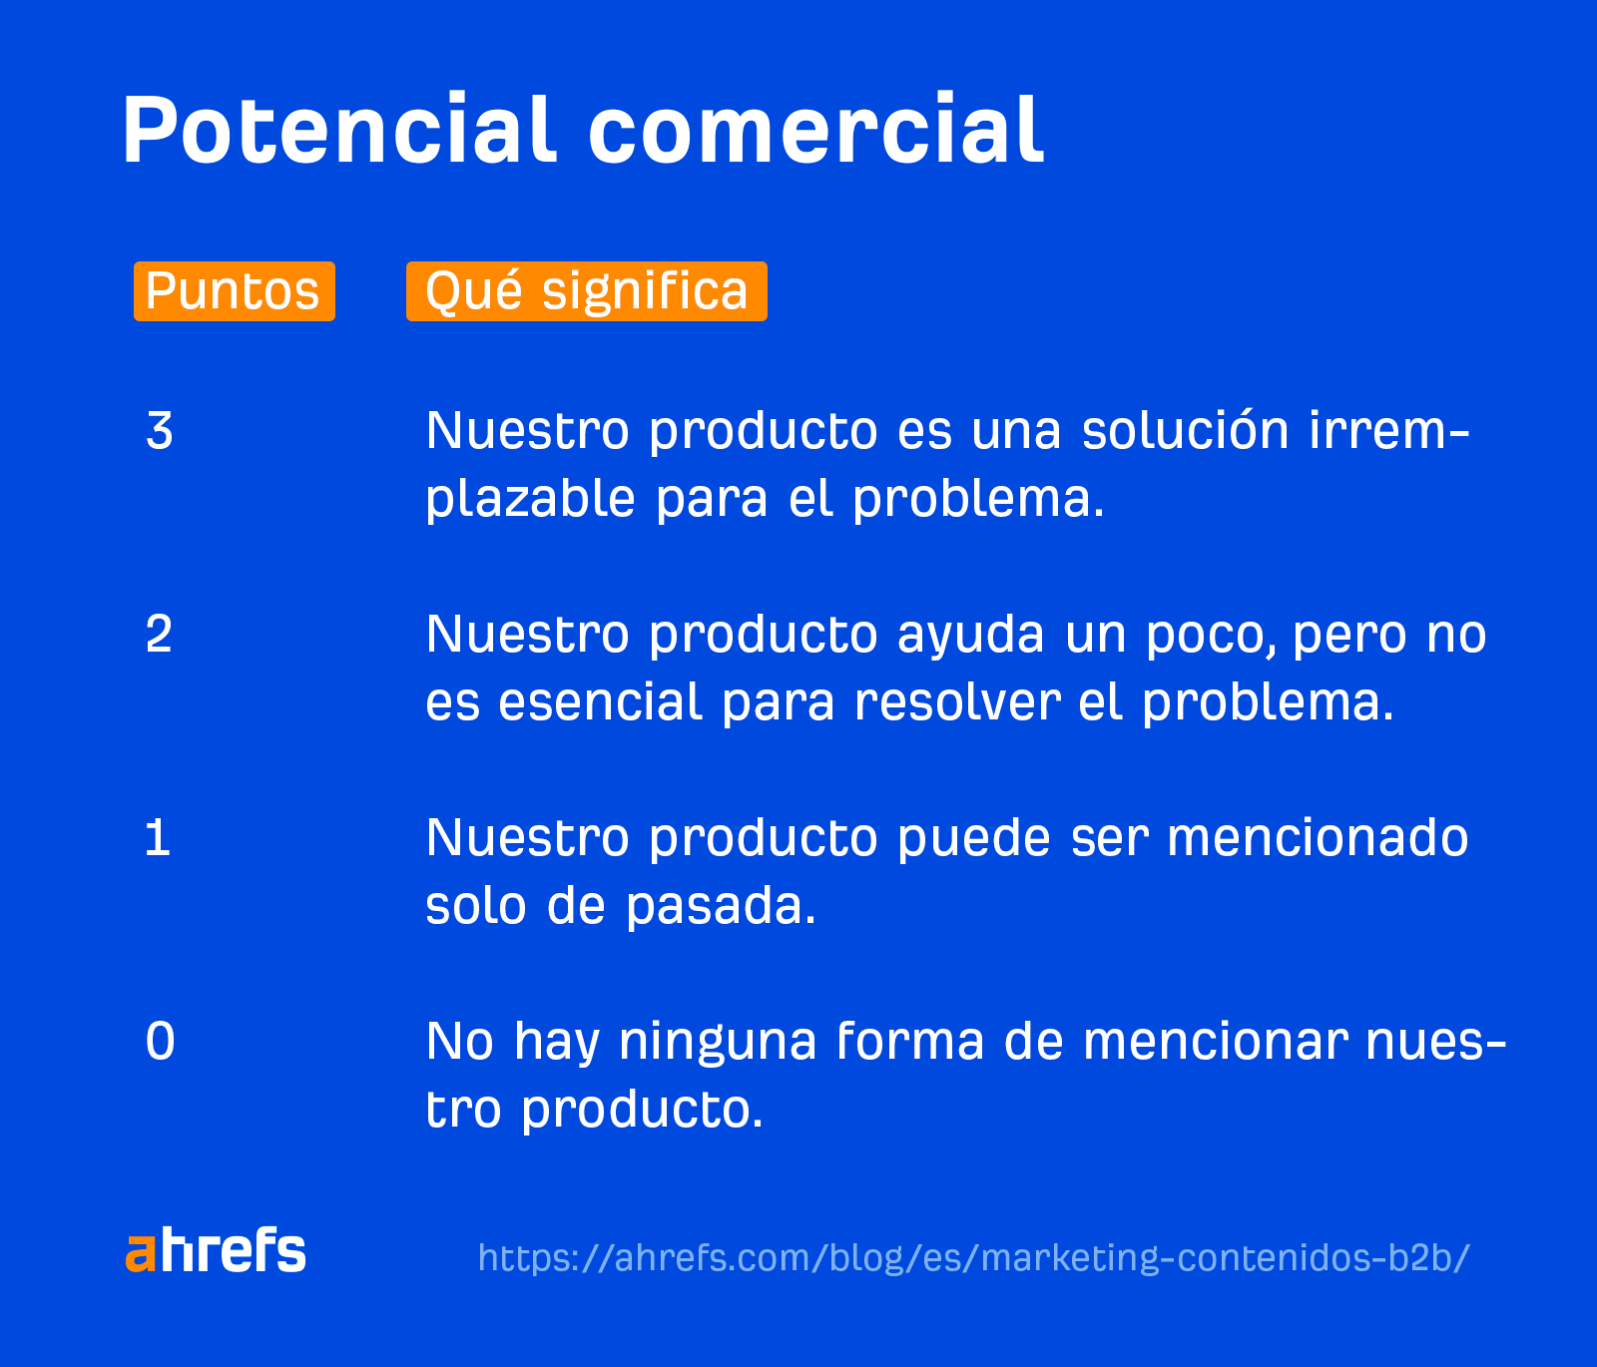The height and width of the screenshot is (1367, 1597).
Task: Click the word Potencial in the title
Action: (x=337, y=131)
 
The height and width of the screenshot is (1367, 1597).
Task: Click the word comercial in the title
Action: (x=815, y=131)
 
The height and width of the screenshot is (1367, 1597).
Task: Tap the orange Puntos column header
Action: (x=234, y=291)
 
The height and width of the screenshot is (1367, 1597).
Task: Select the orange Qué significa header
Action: (x=586, y=291)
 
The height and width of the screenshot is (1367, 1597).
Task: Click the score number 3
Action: (x=160, y=431)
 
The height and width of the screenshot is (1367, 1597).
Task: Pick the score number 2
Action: (x=160, y=635)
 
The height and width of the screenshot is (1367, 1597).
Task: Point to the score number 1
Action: (x=158, y=838)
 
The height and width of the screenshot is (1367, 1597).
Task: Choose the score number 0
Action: (x=160, y=1042)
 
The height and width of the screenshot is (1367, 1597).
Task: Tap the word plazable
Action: (x=530, y=499)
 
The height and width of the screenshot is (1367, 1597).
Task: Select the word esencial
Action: (x=600, y=702)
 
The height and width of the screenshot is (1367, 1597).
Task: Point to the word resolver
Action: (x=956, y=702)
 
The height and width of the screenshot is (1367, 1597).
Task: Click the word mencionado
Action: (x=1318, y=838)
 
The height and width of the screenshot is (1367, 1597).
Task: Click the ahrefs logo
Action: (x=216, y=1251)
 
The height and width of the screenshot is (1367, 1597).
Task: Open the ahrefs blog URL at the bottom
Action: (x=973, y=1257)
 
